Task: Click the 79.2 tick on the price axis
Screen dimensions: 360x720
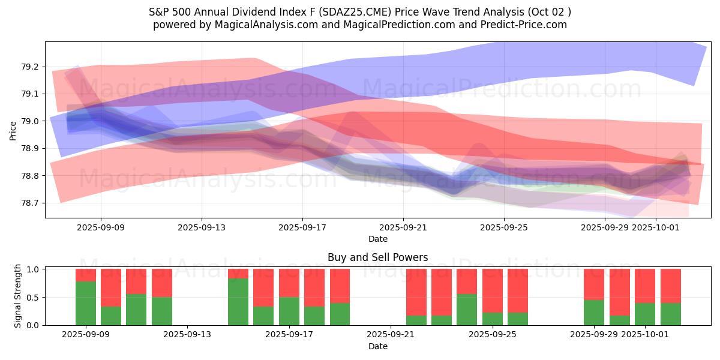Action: click(31, 67)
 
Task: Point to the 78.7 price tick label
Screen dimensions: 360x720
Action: click(31, 203)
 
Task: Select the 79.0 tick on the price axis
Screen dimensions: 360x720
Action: click(31, 121)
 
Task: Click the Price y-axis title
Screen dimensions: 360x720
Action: click(13, 130)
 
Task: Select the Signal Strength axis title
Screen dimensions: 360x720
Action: click(18, 296)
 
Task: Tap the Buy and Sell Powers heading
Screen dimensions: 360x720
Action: click(378, 257)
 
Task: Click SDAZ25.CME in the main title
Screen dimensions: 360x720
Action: click(394, 12)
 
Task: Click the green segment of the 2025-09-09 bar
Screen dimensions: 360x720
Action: click(86, 303)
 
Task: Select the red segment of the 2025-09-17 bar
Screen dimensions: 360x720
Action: click(289, 283)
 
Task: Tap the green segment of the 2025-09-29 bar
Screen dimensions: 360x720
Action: click(594, 313)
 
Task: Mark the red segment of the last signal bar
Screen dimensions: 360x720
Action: click(671, 286)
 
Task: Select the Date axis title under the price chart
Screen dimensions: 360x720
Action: click(378, 239)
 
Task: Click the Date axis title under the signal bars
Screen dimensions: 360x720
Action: click(378, 346)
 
